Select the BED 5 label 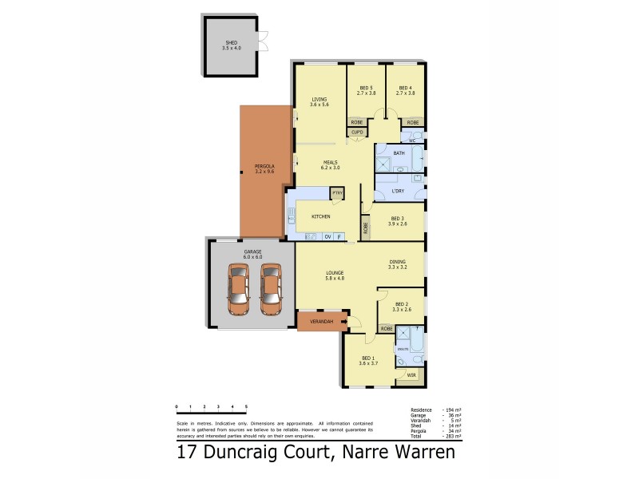tap(366, 89)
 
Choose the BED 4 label tap(405, 89)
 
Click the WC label tap(412, 139)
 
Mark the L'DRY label tap(399, 192)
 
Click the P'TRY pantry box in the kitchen tap(337, 193)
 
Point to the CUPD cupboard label tap(357, 132)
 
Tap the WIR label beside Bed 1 tap(411, 374)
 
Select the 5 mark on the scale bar tap(247, 407)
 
